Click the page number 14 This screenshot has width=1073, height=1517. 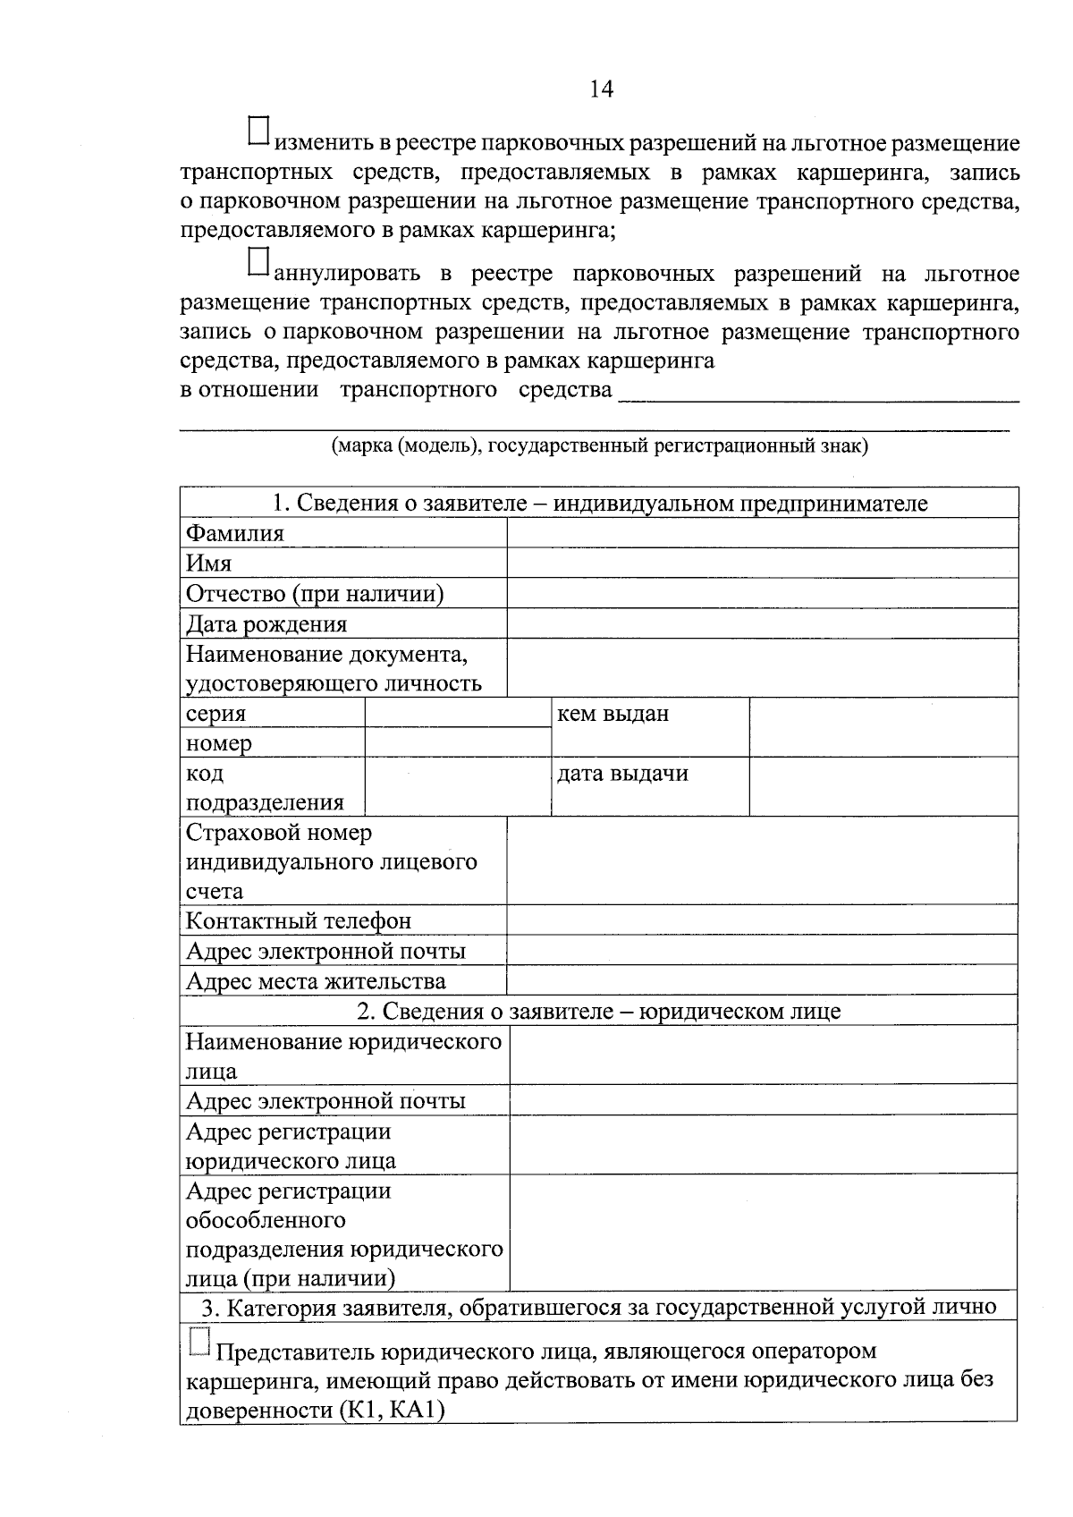[x=601, y=89]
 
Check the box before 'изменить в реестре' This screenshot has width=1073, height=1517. [x=258, y=131]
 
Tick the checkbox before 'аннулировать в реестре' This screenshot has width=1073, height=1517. [x=258, y=260]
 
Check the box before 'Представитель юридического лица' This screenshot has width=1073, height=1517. [x=199, y=1342]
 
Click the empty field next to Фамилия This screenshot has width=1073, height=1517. [x=762, y=533]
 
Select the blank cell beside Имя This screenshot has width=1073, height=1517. [x=762, y=564]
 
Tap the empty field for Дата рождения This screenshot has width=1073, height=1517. [x=762, y=623]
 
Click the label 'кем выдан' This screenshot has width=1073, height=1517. [x=613, y=714]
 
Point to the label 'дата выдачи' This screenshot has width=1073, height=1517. [x=622, y=774]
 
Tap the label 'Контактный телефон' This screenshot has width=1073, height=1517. [x=299, y=920]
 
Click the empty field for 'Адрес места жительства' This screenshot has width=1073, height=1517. [x=762, y=980]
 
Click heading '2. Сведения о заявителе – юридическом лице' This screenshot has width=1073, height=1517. [x=598, y=1011]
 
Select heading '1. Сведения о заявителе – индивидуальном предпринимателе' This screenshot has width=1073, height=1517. [x=599, y=503]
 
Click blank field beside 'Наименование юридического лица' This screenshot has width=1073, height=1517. [x=763, y=1055]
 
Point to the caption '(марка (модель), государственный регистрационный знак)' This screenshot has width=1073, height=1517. [x=599, y=445]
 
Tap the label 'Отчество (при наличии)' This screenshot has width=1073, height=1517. [x=315, y=594]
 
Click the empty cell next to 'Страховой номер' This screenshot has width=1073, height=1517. [x=762, y=860]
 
